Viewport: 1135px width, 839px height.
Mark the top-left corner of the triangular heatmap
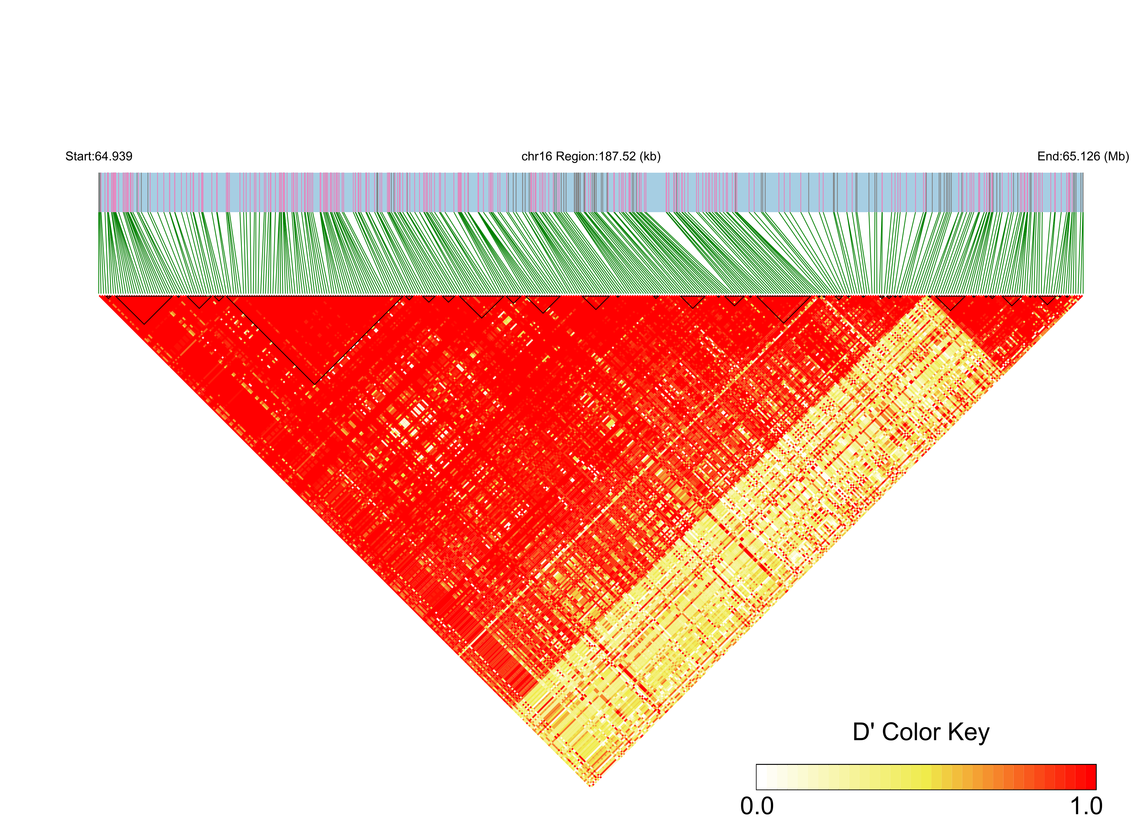[99, 295]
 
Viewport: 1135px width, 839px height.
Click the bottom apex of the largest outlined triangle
[314, 384]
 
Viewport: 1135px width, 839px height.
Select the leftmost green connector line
[100, 254]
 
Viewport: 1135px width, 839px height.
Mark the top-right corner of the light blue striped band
[1083, 173]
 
